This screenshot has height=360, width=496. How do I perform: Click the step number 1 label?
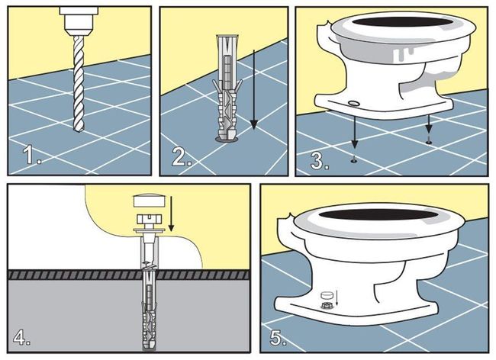(32, 155)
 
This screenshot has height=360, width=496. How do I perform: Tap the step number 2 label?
(182, 157)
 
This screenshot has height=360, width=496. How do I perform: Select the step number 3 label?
(320, 160)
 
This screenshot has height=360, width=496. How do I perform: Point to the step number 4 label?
(21, 337)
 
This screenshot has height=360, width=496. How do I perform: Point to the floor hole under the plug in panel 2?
(227, 139)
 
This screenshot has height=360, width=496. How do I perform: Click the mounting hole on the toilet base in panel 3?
(353, 103)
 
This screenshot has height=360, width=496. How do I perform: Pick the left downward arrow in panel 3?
(354, 132)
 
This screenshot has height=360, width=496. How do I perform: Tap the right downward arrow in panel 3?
(429, 124)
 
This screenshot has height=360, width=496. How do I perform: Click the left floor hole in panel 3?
(353, 161)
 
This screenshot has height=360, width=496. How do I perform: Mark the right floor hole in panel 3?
(429, 142)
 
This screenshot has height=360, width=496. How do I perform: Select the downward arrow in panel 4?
(171, 214)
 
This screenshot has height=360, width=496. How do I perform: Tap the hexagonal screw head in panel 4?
(150, 218)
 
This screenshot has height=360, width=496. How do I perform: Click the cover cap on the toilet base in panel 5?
(327, 295)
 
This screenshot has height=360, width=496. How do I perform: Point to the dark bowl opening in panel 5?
(378, 214)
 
